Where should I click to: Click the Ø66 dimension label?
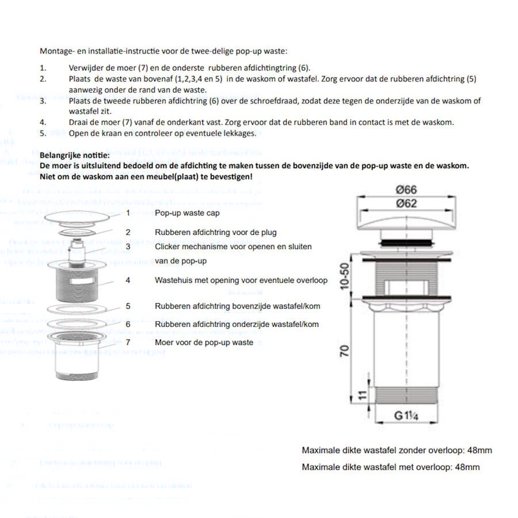pyautogui.click(x=406, y=189)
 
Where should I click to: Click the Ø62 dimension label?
pyautogui.click(x=406, y=203)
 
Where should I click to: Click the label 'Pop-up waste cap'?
pyautogui.click(x=187, y=213)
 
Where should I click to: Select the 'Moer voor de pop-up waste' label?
pyautogui.click(x=204, y=342)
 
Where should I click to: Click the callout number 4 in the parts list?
pyautogui.click(x=128, y=280)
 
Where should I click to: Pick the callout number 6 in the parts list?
pyautogui.click(x=128, y=324)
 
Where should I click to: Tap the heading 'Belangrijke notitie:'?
pyautogui.click(x=74, y=155)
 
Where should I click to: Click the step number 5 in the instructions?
pyautogui.click(x=43, y=134)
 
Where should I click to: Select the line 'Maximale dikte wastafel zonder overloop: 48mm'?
pyautogui.click(x=397, y=451)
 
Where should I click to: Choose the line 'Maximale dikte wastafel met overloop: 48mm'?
pyautogui.click(x=390, y=467)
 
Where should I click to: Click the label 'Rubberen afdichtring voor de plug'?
pyautogui.click(x=215, y=233)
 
